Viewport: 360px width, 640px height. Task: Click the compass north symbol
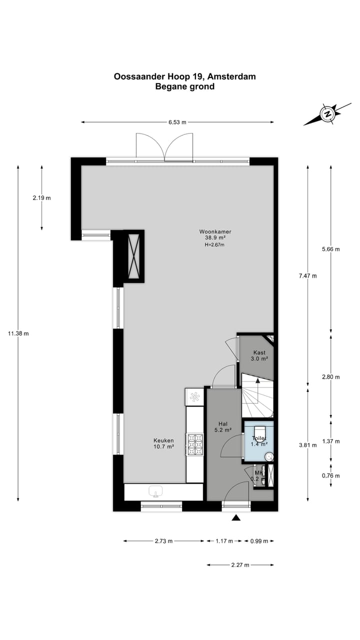tap(327, 114)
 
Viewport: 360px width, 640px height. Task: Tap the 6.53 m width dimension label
tap(177, 122)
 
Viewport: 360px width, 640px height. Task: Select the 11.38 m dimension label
tap(18, 333)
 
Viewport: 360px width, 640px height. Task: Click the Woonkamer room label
tap(215, 232)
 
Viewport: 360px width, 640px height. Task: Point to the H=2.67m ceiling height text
tap(214, 245)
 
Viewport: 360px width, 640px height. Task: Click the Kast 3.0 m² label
tap(259, 355)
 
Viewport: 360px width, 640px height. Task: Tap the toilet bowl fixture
tap(258, 432)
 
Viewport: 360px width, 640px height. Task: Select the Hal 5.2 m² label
tap(223, 426)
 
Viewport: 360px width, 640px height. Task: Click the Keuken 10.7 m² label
tap(163, 443)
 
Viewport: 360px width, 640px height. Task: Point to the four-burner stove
tap(195, 443)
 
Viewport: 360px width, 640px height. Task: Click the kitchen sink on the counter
tap(156, 492)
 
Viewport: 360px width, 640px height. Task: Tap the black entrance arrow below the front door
tap(236, 518)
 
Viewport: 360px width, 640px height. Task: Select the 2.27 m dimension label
tap(240, 565)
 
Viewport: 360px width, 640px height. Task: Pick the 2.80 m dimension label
tap(331, 377)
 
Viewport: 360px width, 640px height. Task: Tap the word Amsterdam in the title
tap(231, 76)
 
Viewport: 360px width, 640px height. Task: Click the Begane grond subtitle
tap(184, 86)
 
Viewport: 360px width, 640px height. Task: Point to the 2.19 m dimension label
tap(41, 197)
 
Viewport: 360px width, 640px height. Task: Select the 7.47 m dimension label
tap(307, 275)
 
